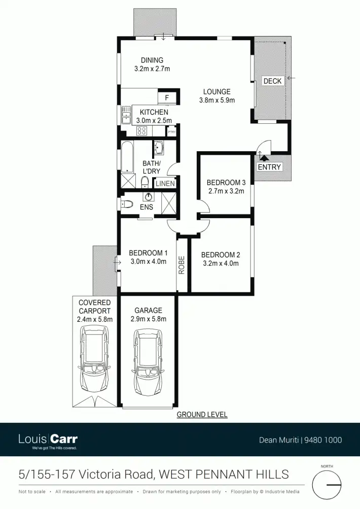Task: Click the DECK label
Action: (x=272, y=81)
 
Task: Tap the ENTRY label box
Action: (x=269, y=167)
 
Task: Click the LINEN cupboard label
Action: (x=165, y=184)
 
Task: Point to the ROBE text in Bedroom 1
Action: (x=182, y=265)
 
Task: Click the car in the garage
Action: (x=148, y=365)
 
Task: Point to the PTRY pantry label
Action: (x=172, y=132)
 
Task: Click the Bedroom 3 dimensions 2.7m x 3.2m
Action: (x=226, y=191)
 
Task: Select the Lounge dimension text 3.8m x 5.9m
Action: (x=217, y=100)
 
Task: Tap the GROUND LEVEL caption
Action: (x=202, y=415)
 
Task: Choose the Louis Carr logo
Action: (x=48, y=439)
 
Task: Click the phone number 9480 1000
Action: (x=323, y=440)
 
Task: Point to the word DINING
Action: (x=152, y=60)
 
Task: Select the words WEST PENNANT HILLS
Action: (x=224, y=474)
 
